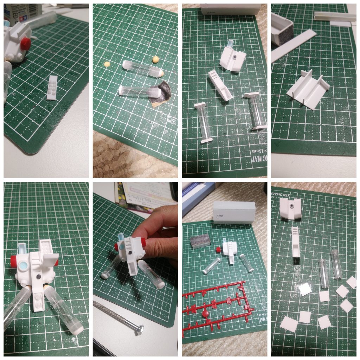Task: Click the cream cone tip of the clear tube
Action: click(160, 73)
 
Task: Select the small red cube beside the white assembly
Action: click(219, 249)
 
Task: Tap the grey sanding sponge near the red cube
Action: click(200, 242)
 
